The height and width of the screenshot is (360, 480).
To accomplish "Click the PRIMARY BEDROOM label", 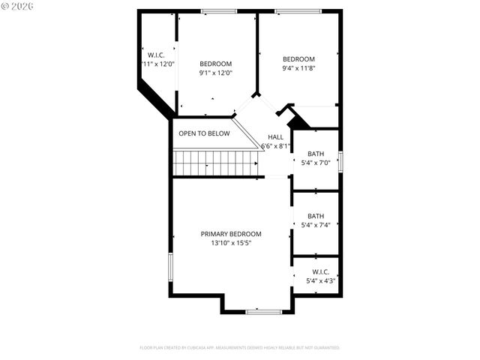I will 231,234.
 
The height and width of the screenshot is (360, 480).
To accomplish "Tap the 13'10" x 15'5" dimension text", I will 231,243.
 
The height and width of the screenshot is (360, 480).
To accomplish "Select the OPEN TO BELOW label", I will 204,133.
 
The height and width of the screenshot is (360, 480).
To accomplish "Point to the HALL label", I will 276,137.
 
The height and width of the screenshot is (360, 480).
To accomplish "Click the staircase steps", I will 214,161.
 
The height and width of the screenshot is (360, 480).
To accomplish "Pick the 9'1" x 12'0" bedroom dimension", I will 215,73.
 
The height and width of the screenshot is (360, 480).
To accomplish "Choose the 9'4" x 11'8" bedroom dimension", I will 298,68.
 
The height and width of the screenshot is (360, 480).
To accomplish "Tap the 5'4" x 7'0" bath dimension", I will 316,162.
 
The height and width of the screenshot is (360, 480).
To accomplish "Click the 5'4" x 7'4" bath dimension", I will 316,225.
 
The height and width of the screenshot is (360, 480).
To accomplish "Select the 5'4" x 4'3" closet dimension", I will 321,280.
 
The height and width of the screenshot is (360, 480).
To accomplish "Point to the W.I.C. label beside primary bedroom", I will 321,271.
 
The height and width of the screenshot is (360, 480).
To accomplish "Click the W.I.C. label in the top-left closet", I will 156,55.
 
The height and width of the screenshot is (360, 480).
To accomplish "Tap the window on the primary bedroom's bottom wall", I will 264,311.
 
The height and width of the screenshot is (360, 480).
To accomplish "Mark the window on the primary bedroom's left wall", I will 171,267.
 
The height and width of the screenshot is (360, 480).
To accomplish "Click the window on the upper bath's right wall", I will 340,160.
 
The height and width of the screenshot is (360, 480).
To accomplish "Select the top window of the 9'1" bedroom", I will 219,11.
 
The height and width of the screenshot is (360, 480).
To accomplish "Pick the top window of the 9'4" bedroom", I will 298,11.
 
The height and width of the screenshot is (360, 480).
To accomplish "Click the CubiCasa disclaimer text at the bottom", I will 240,348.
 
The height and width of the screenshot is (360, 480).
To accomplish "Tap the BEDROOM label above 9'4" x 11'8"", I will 298,59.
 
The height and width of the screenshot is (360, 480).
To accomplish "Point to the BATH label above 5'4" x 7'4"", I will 316,216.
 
